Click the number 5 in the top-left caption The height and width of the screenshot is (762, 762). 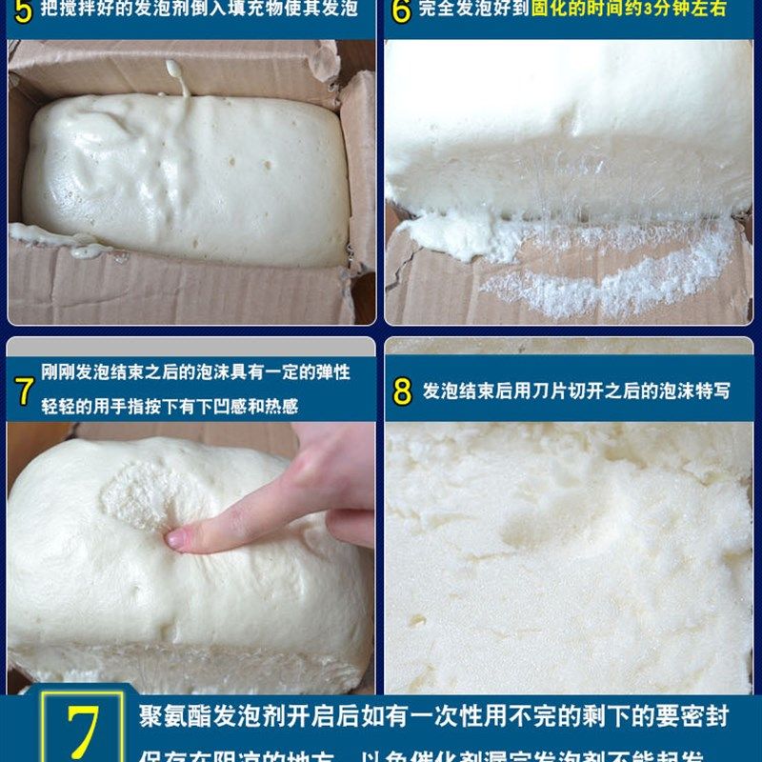(x=24, y=12)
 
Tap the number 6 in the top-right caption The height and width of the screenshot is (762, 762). (x=401, y=12)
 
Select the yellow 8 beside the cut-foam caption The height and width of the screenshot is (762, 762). (x=402, y=391)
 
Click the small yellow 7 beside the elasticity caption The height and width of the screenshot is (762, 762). (x=25, y=391)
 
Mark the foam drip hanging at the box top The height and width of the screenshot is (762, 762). (x=176, y=76)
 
